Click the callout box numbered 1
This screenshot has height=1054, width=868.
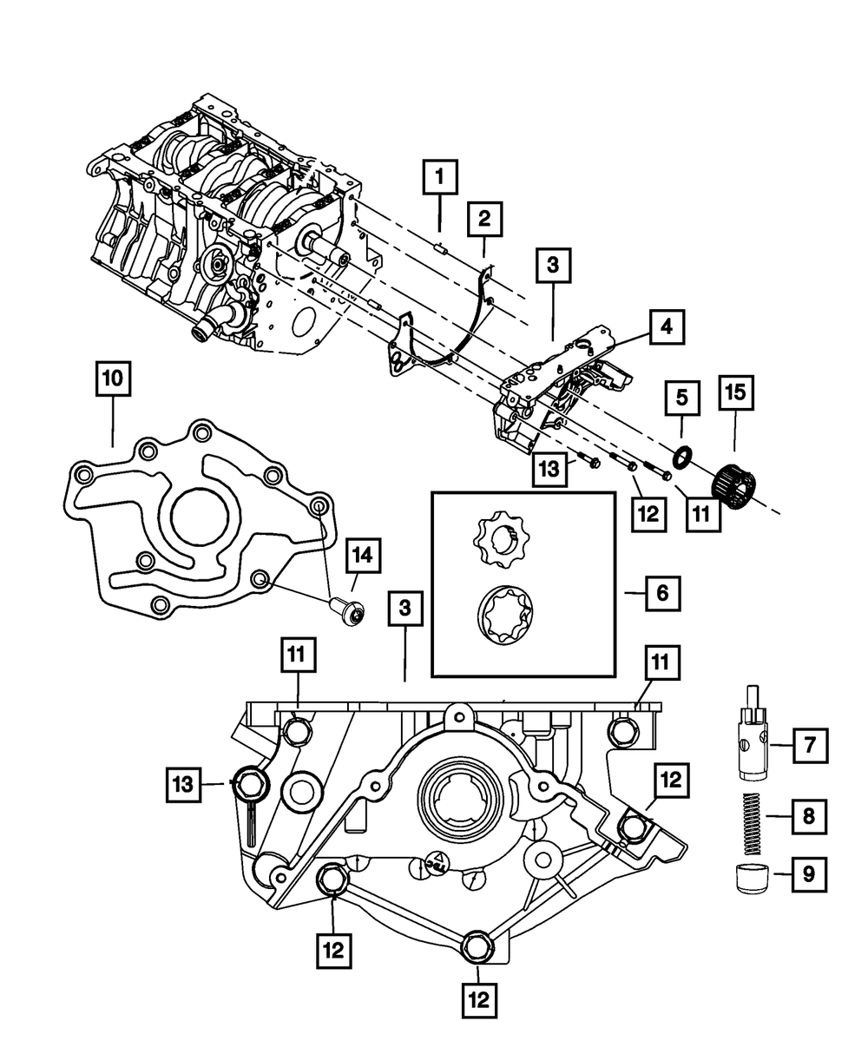pos(440,180)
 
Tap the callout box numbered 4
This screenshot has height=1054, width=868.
pos(666,327)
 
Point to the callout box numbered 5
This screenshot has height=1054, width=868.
pos(682,399)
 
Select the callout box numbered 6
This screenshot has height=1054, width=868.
pos(661,593)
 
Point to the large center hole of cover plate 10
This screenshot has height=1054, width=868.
pos(200,518)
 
